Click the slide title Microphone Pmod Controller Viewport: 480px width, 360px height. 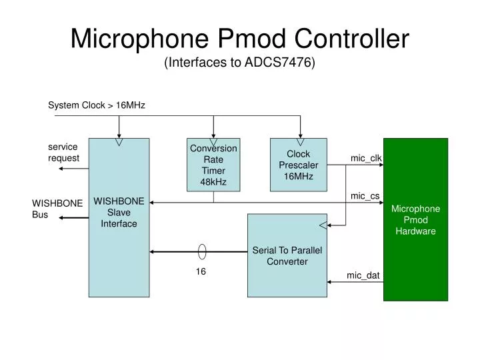(x=239, y=38)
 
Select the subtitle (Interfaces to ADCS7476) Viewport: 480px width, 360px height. (x=239, y=63)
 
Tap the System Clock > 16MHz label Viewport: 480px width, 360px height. (x=96, y=105)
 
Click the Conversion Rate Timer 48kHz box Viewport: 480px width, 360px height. (x=213, y=165)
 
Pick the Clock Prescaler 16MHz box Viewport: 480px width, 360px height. (x=298, y=165)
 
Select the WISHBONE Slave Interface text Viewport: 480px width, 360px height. (x=119, y=212)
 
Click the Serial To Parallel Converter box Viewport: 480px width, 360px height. (x=287, y=255)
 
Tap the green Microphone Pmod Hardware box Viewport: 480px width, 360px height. (x=415, y=219)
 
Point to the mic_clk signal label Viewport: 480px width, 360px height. (x=366, y=158)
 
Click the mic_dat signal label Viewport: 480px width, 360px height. (x=363, y=275)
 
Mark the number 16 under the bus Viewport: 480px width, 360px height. (x=200, y=272)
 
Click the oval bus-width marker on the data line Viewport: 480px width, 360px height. (x=202, y=251)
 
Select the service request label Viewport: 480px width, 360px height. (x=63, y=152)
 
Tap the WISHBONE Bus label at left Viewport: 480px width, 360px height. (x=57, y=209)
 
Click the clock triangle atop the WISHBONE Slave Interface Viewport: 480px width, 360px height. (x=119, y=141)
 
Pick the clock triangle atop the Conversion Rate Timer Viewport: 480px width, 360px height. (x=213, y=141)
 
